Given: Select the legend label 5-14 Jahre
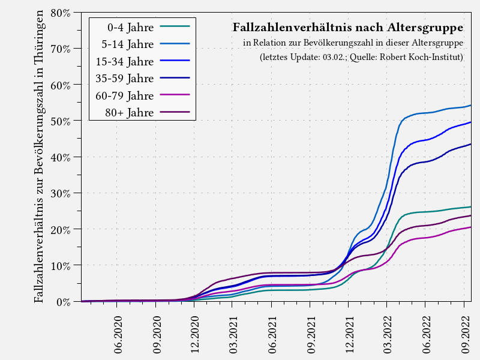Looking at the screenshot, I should point(127,44).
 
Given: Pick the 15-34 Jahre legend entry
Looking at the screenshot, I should point(125,61).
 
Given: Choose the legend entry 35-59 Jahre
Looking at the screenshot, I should point(125,78).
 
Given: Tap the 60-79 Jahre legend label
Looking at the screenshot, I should point(125,95).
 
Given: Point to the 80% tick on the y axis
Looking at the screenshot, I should point(60,13).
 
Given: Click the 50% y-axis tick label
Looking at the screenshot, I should point(60,121).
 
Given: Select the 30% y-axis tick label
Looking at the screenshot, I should point(60,193).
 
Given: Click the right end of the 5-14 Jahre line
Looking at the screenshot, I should point(470,106).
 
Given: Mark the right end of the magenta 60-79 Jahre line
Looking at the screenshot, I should point(470,227).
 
